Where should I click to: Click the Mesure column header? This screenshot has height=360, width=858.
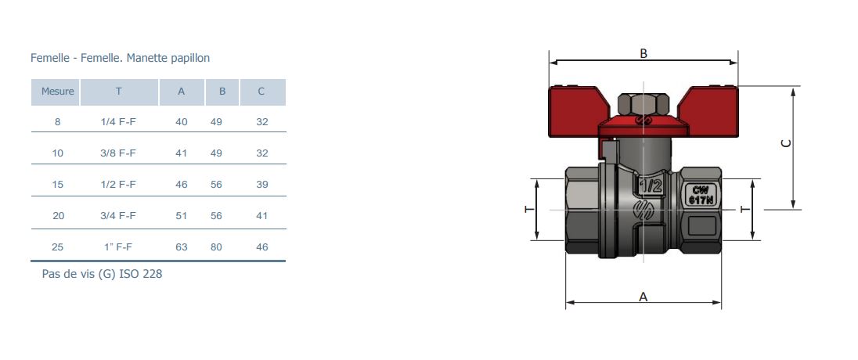coord(57,92)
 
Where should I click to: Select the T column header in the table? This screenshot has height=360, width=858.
coord(119,92)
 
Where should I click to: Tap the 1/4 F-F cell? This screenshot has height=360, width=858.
coord(118,121)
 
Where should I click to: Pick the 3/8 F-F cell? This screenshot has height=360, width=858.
coord(118,153)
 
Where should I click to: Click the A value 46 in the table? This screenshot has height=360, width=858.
coord(181,185)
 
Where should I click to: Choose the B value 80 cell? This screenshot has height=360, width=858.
coord(216,247)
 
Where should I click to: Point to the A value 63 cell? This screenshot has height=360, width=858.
coord(181,247)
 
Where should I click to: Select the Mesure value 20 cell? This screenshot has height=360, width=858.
coord(58,215)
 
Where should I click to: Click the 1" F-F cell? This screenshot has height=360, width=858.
coord(118,247)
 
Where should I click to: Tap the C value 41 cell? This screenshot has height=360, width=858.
coord(262,215)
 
